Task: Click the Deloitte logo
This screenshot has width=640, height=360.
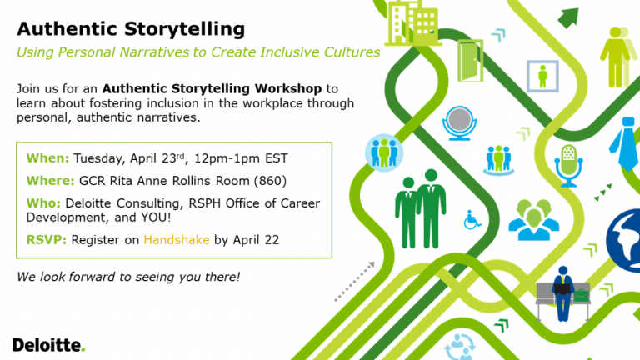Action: (48, 344)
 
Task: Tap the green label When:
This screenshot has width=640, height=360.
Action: (47, 157)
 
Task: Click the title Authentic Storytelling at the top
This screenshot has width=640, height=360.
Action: (132, 29)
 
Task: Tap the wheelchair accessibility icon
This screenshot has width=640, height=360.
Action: (472, 221)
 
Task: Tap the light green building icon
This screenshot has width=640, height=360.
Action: (411, 23)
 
